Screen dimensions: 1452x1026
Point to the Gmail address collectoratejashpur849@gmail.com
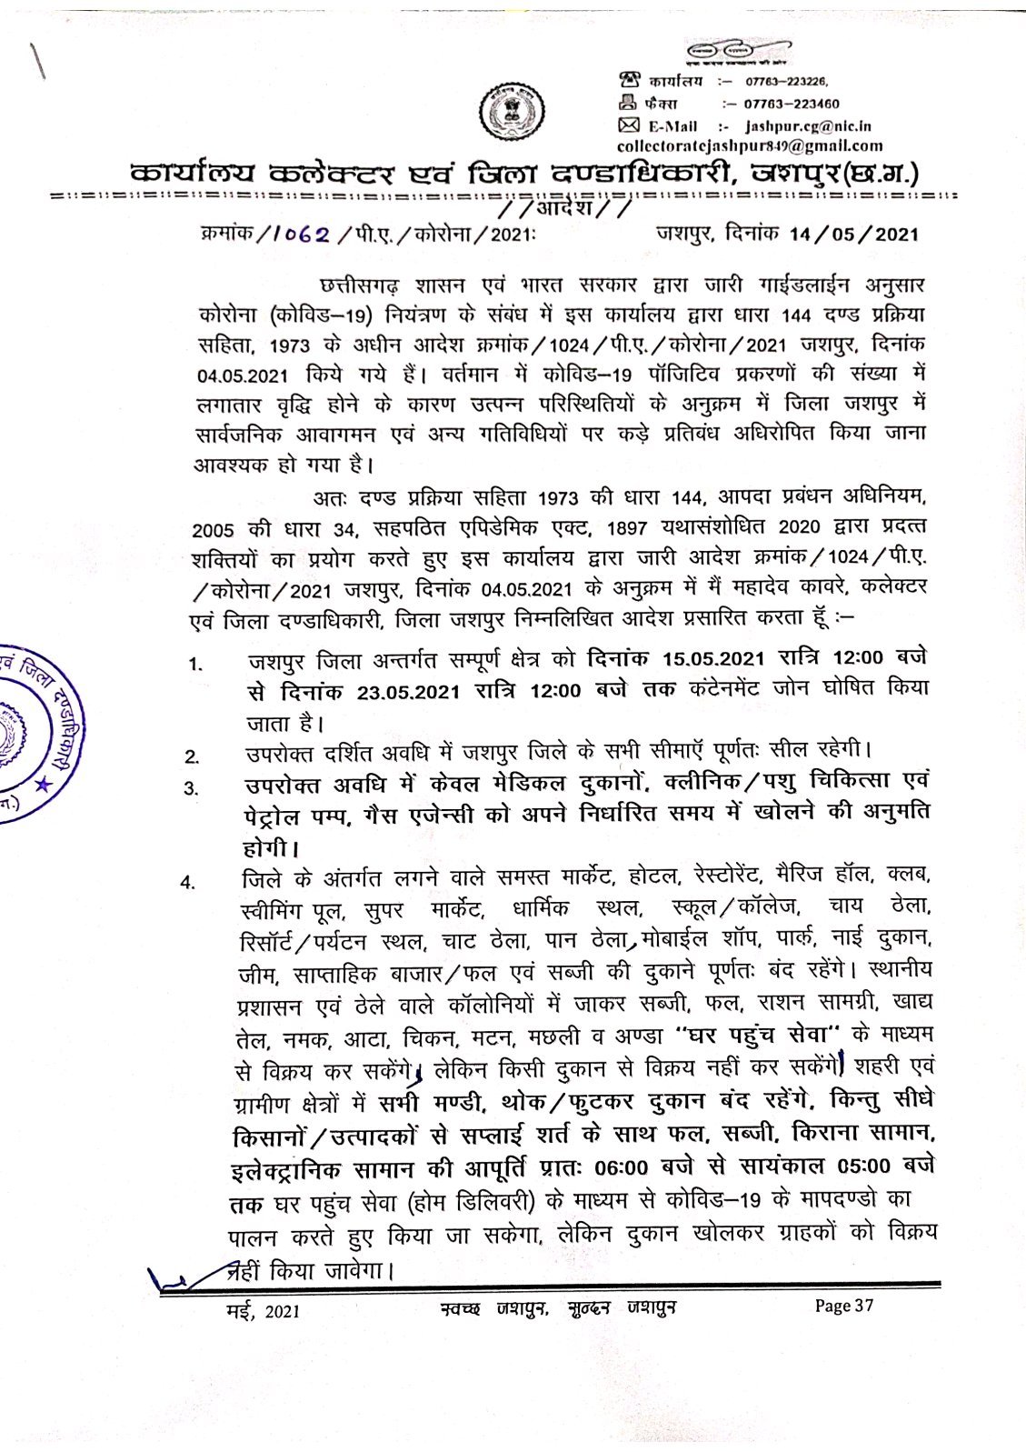pyautogui.click(x=749, y=145)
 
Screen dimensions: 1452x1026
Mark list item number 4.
pyautogui.click(x=188, y=881)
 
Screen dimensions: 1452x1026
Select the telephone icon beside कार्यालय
pyautogui.click(x=626, y=79)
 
